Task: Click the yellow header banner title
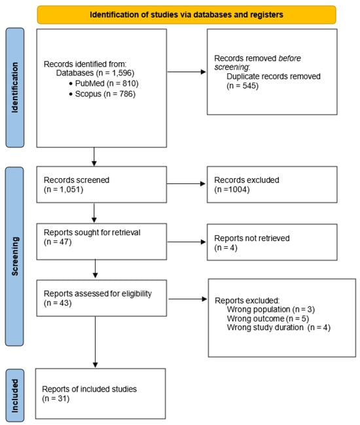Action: [187, 14]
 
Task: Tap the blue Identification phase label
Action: [15, 88]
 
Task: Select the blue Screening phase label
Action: [15, 257]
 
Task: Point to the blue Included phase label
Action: [15, 396]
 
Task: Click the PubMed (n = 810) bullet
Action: [104, 83]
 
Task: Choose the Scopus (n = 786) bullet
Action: [102, 94]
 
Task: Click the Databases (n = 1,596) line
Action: [95, 73]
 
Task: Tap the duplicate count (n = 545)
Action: [242, 86]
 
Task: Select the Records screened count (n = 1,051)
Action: [63, 189]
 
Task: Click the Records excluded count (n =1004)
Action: [232, 189]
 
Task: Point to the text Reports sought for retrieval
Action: [92, 232]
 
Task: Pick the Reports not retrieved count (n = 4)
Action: [226, 248]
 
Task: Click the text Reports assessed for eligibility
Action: [98, 293]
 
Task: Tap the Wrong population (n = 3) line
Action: [271, 309]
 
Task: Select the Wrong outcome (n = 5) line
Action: [268, 318]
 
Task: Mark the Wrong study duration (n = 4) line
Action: [279, 327]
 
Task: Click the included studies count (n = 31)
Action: [56, 398]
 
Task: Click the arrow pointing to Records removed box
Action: [187, 72]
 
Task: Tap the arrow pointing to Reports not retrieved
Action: [187, 242]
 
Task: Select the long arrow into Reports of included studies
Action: [96, 342]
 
